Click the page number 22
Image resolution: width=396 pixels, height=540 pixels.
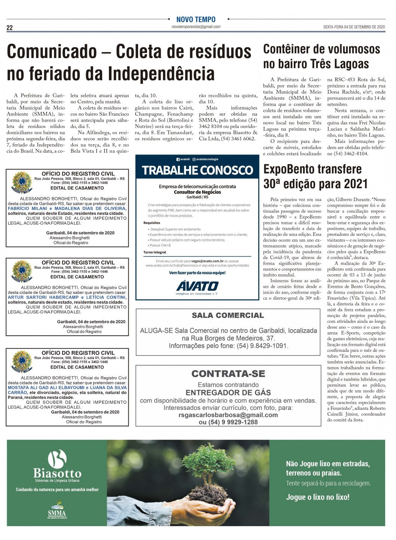(9, 28)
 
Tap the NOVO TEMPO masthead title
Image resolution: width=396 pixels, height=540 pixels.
(196, 19)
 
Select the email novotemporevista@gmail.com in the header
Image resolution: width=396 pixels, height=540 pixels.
(196, 27)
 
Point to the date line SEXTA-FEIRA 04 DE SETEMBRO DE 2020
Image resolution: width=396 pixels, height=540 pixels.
(354, 27)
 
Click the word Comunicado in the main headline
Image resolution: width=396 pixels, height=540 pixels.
(52, 52)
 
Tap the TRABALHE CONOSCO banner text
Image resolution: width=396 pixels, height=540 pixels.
(197, 170)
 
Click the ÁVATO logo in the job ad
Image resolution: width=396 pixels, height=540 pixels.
(197, 287)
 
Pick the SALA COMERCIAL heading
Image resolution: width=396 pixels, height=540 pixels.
(228, 315)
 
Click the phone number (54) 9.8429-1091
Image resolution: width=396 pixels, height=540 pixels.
(262, 346)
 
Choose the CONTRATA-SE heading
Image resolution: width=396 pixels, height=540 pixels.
(228, 374)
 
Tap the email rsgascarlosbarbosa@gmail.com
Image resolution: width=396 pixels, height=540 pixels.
(228, 415)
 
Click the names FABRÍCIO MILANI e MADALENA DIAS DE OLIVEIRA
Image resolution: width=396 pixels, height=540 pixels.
(67, 208)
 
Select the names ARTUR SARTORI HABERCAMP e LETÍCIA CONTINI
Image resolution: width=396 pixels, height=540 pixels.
(67, 297)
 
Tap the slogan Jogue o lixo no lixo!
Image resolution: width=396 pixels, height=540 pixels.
(317, 497)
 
